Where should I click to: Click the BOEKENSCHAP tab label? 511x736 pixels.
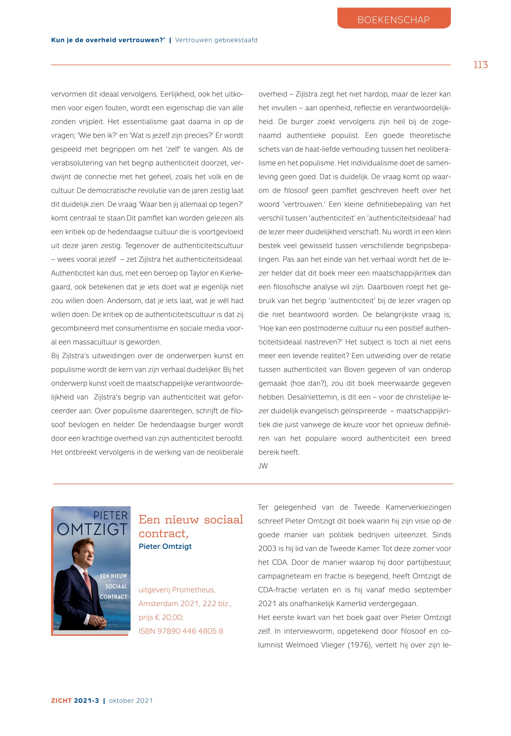[x=394, y=20]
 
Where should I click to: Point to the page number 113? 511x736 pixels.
[x=481, y=65]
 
